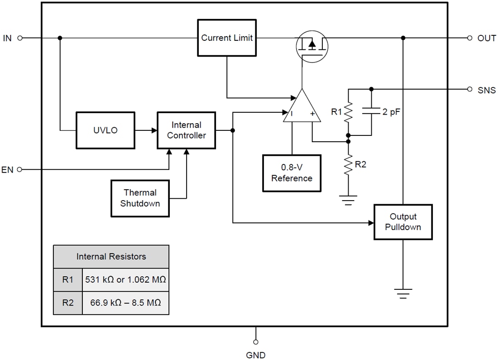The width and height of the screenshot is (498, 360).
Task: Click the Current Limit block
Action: click(227, 38)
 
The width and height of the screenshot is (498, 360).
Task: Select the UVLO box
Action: click(105, 130)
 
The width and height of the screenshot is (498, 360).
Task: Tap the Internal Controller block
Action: click(186, 130)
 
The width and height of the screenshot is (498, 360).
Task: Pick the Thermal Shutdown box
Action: click(140, 198)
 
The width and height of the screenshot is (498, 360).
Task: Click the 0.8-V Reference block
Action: click(292, 173)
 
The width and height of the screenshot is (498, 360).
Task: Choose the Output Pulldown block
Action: click(402, 222)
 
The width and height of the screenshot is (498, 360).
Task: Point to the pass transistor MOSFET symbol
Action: click(312, 45)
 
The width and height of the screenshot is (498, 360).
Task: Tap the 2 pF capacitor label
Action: click(391, 112)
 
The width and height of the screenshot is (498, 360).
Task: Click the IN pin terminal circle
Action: click(20, 38)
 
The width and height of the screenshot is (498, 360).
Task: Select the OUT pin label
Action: click(487, 38)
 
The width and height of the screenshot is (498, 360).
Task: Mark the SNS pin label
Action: click(487, 90)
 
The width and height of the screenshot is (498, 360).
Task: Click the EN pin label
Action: click(8, 170)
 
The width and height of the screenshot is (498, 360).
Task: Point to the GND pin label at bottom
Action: click(256, 355)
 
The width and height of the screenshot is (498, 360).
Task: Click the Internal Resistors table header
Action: click(111, 257)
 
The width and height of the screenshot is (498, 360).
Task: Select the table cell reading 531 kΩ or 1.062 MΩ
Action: click(125, 280)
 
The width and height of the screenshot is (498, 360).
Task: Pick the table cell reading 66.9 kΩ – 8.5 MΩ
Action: click(125, 302)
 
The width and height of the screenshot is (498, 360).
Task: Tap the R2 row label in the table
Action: click(68, 302)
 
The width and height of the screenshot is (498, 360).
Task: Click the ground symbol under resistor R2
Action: click(348, 200)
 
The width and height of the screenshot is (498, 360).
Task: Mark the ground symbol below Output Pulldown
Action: click(402, 293)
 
